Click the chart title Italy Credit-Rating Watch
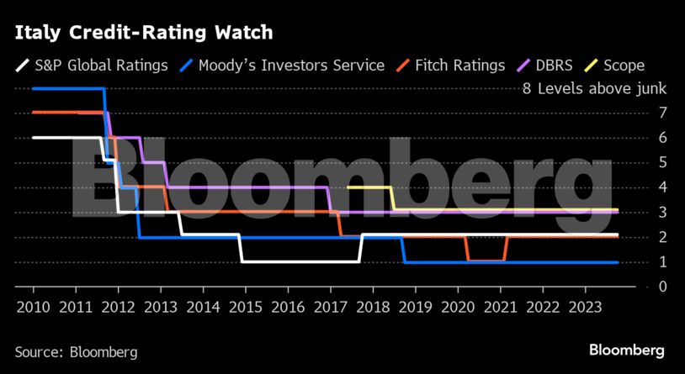(x=143, y=33)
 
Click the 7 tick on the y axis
(x=640, y=113)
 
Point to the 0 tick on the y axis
(x=640, y=287)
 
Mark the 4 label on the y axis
(x=640, y=187)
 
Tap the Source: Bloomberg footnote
(x=76, y=351)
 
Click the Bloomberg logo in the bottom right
(x=626, y=350)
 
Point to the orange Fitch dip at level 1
(x=486, y=261)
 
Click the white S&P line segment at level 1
(x=300, y=261)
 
